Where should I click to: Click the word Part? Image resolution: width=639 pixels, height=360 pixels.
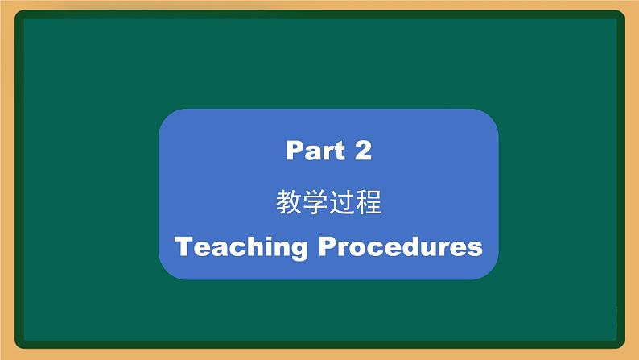[x=315, y=151]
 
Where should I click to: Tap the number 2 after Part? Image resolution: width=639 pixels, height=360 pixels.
[x=363, y=150]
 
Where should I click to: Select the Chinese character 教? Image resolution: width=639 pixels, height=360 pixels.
[x=289, y=202]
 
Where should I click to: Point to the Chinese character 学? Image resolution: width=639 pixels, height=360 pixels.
[x=315, y=202]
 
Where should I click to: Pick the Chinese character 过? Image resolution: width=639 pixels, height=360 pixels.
[x=342, y=202]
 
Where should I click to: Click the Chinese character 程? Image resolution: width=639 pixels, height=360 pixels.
[x=369, y=202]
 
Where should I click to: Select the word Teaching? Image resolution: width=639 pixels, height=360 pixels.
[x=241, y=247]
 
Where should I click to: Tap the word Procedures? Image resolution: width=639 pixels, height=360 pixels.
[x=401, y=246]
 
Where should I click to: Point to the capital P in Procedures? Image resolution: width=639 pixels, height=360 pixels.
[x=328, y=246]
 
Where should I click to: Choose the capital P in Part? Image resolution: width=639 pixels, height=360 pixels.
[x=295, y=151]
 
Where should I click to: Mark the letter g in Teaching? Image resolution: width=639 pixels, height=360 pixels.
[x=299, y=250]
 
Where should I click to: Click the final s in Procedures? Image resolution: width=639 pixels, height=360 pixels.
[x=475, y=249]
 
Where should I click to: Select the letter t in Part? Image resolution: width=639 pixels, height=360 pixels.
[x=340, y=151]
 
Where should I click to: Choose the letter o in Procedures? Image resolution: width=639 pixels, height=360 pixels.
[x=360, y=249]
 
